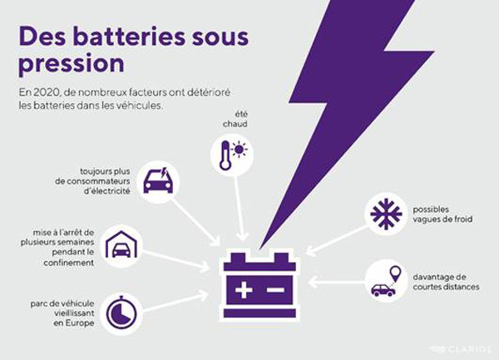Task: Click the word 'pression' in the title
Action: (x=72, y=64)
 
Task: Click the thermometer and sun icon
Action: (x=232, y=155)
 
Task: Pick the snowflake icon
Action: (x=386, y=214)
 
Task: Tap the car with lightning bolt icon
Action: (x=158, y=182)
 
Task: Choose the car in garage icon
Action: (x=121, y=245)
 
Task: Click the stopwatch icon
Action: (x=121, y=313)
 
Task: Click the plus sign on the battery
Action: (x=244, y=289)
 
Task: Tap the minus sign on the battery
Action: (x=275, y=289)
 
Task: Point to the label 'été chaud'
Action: (x=235, y=119)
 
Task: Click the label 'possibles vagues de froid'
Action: (x=442, y=215)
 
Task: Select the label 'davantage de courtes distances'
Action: (x=446, y=282)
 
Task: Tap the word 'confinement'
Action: (x=69, y=263)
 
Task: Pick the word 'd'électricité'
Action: (x=107, y=191)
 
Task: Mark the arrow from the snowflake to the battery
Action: (x=337, y=240)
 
